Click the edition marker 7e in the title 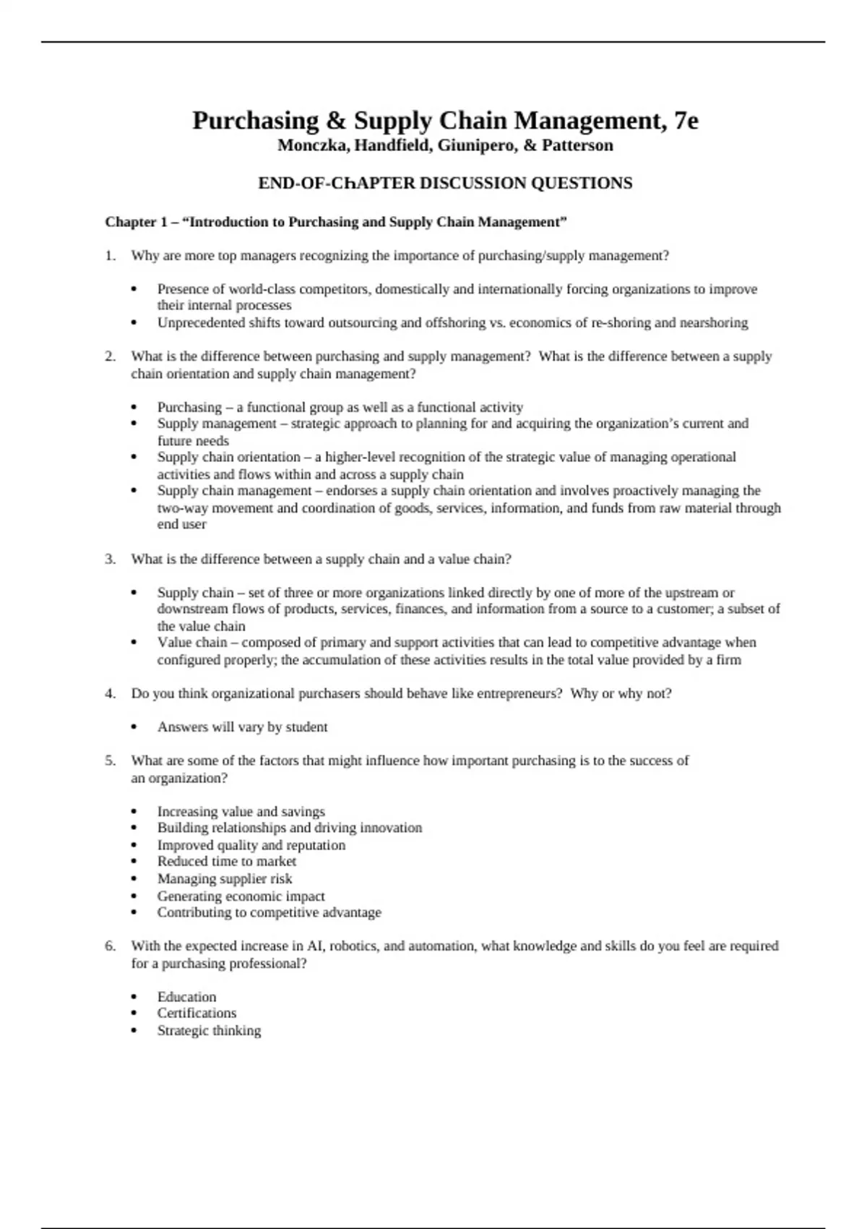click(686, 121)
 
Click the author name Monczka click(309, 145)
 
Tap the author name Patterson click(577, 145)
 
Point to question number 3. click(110, 559)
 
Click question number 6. click(110, 946)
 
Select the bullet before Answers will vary click(134, 727)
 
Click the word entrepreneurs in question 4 click(517, 693)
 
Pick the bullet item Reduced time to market click(226, 862)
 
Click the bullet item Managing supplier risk click(225, 879)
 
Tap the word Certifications click(197, 1013)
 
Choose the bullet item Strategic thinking click(209, 1030)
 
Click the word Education click(186, 997)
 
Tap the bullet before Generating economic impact click(134, 896)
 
